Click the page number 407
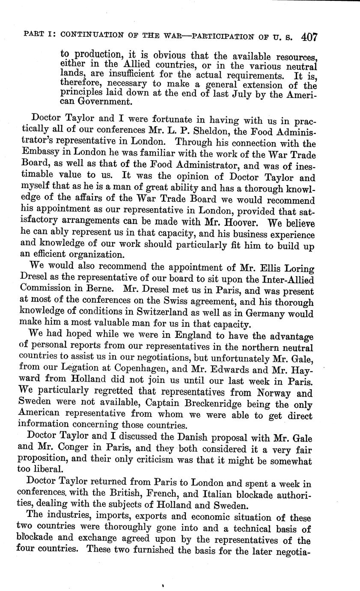pyautogui.click(x=309, y=37)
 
